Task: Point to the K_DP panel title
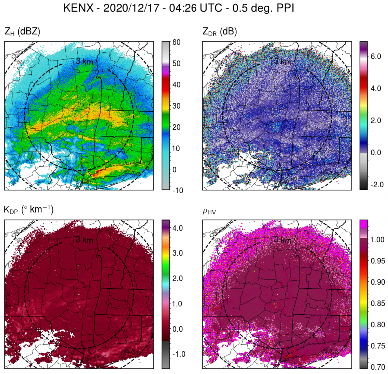[29, 210]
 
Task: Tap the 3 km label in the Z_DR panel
[283, 61]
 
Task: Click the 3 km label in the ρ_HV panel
[283, 240]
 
